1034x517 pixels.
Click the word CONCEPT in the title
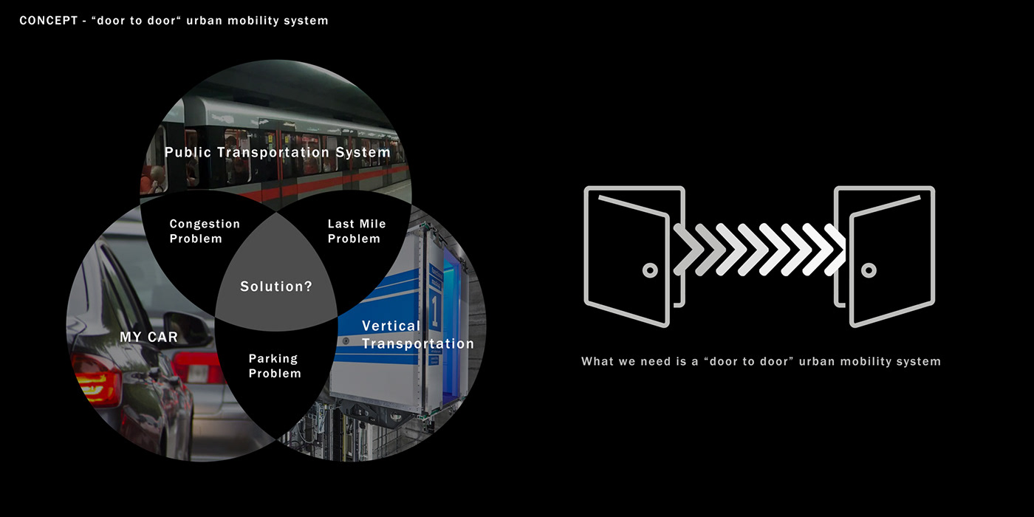tap(46, 21)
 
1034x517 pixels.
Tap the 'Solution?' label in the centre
tap(276, 287)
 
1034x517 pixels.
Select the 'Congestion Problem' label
tap(205, 231)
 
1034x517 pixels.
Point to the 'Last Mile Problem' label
tap(356, 231)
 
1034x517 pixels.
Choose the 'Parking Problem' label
tap(274, 366)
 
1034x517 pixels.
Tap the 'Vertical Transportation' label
tap(417, 335)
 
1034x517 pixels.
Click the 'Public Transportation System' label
tap(277, 153)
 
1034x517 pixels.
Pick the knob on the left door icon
tap(650, 270)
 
